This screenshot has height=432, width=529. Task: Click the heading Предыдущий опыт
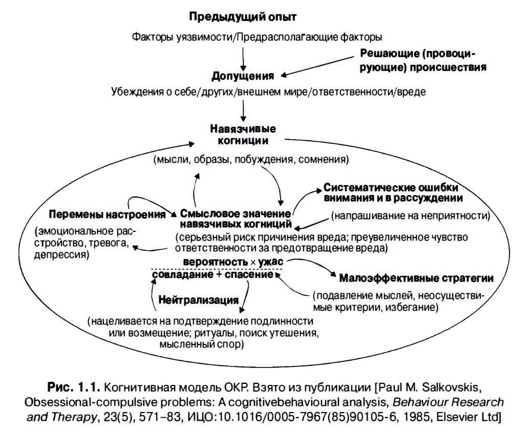pos(243,17)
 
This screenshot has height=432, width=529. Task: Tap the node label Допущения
pos(243,77)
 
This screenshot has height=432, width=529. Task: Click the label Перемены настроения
pos(107,214)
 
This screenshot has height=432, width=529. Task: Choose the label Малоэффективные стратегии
pos(416,278)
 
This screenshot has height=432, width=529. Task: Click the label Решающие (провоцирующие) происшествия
pos(422,60)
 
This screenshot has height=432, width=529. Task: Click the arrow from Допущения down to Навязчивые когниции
pos(244,109)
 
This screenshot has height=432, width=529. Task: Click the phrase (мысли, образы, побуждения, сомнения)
pos(251,160)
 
